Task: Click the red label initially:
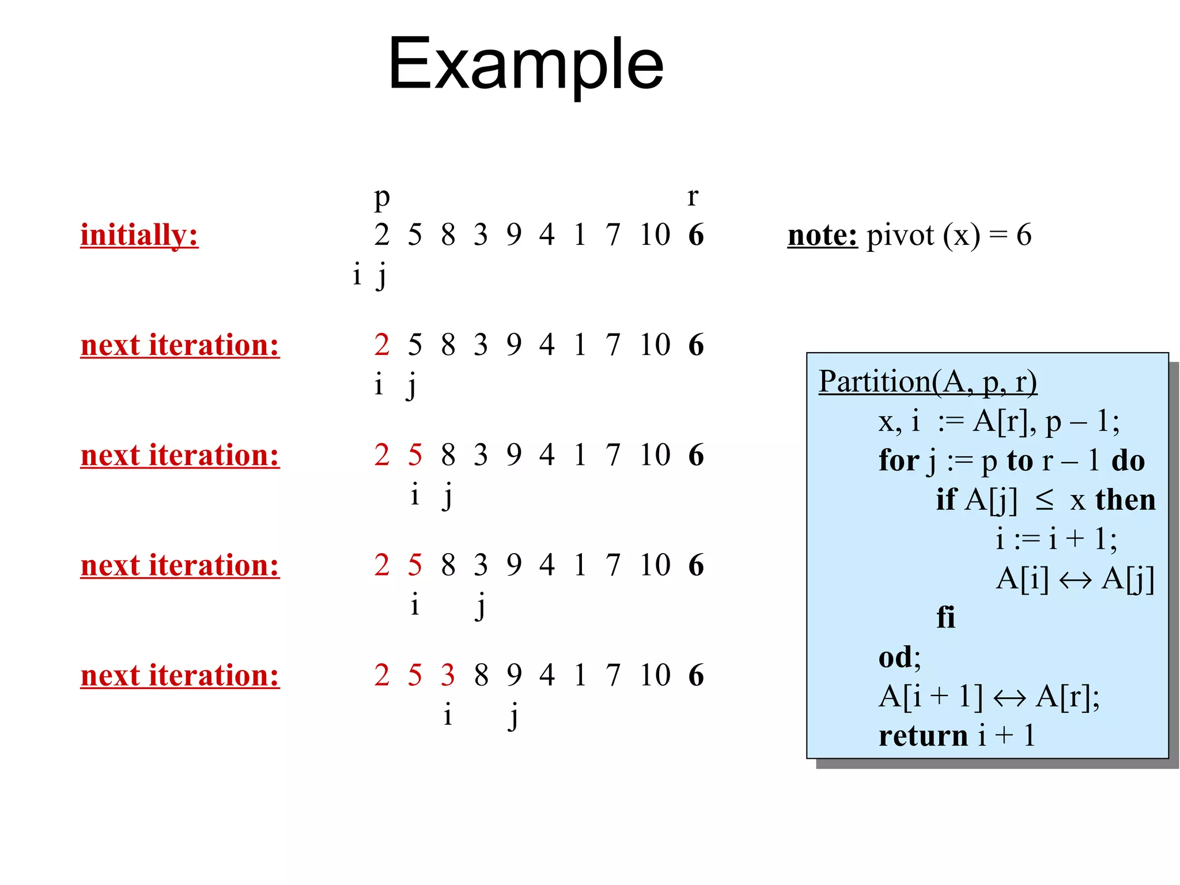pos(139,235)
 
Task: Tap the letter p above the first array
pos(381,198)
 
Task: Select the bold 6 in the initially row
pos(696,235)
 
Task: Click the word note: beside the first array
pos(822,235)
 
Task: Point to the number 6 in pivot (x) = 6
pos(1023,235)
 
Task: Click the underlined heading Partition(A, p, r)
pos(928,381)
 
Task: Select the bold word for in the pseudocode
pos(899,460)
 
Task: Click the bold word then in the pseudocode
pos(1125,500)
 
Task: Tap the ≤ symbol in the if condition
pos(1044,500)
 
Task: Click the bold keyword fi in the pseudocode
pos(945,617)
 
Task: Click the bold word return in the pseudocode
pos(923,736)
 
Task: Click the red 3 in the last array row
pos(448,675)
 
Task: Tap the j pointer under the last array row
pos(513,716)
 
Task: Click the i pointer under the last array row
pos(448,714)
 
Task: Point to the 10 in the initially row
pos(655,235)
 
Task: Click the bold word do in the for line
pos(1128,460)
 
